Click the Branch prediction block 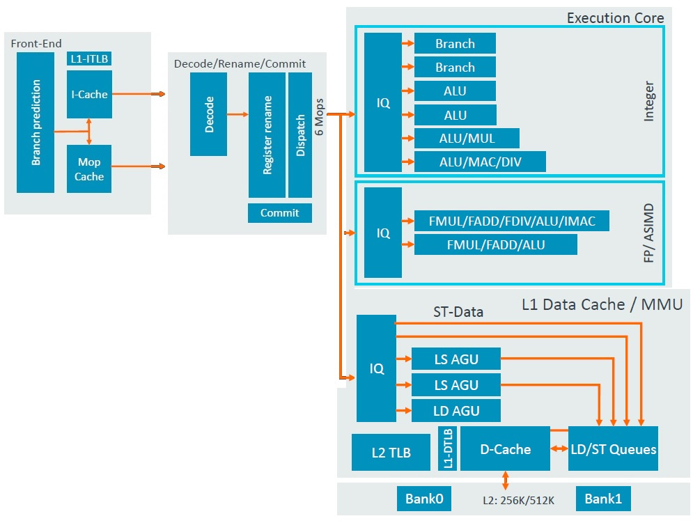click(x=36, y=123)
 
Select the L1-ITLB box click(x=89, y=59)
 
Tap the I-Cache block click(x=89, y=94)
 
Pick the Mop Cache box click(x=89, y=169)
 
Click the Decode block click(x=208, y=114)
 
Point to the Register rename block click(x=267, y=135)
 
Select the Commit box click(x=280, y=213)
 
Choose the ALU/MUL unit click(x=467, y=138)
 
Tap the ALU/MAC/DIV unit click(x=480, y=162)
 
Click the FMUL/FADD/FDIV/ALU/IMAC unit click(x=512, y=221)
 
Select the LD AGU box click(x=456, y=411)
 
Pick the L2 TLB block click(x=391, y=453)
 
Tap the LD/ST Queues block click(x=613, y=448)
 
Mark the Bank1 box click(x=603, y=499)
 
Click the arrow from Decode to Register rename click(x=238, y=114)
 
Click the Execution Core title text click(x=615, y=18)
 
